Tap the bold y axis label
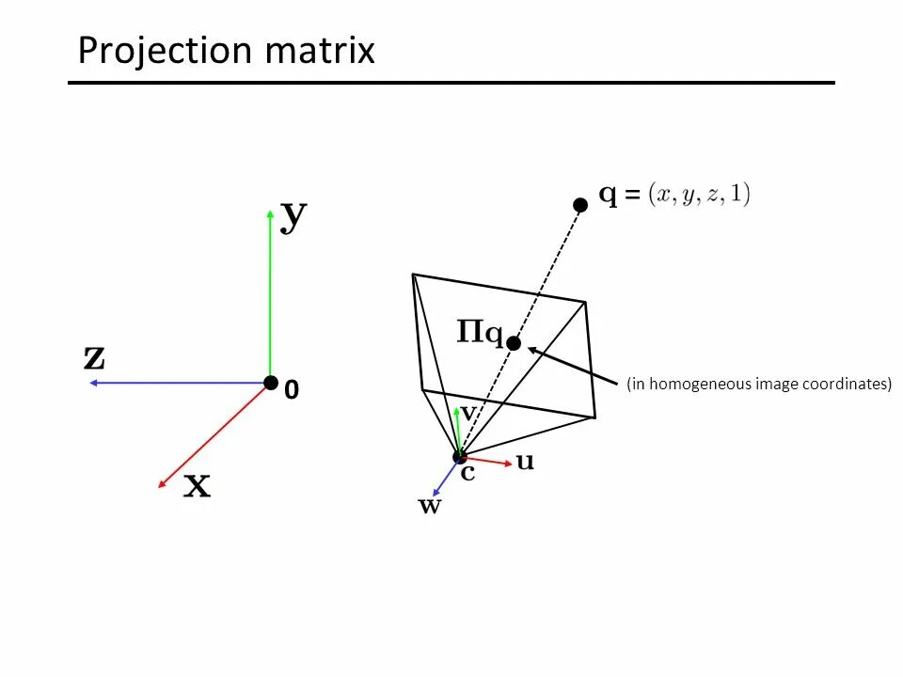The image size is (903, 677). (294, 216)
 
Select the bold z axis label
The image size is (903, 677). (94, 357)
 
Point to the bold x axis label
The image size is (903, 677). (197, 486)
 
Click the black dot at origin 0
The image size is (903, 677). (271, 383)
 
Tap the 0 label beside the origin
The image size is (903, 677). (292, 390)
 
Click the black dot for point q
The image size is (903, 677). (580, 204)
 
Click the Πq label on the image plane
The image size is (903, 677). (480, 333)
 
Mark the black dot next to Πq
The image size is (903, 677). (514, 343)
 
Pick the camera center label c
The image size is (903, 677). (467, 473)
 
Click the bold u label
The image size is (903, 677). (525, 462)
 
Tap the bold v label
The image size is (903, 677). (467, 413)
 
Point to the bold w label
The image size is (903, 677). (429, 507)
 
